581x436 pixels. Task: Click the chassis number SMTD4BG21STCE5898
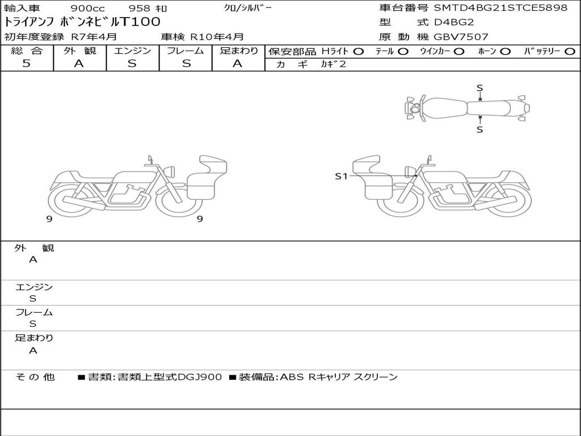pyautogui.click(x=500, y=8)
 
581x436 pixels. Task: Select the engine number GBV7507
pyautogui.click(x=461, y=37)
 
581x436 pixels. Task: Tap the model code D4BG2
pyautogui.click(x=454, y=22)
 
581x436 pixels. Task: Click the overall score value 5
pyautogui.click(x=26, y=64)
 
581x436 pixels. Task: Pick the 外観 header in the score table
pyautogui.click(x=79, y=51)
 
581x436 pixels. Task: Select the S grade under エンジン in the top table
pyautogui.click(x=132, y=64)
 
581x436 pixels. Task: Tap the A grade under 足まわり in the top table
pyautogui.click(x=238, y=64)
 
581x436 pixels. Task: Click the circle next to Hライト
pyautogui.click(x=359, y=52)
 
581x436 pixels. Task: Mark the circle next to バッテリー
pyautogui.click(x=570, y=52)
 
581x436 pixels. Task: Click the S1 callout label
pyautogui.click(x=341, y=176)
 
